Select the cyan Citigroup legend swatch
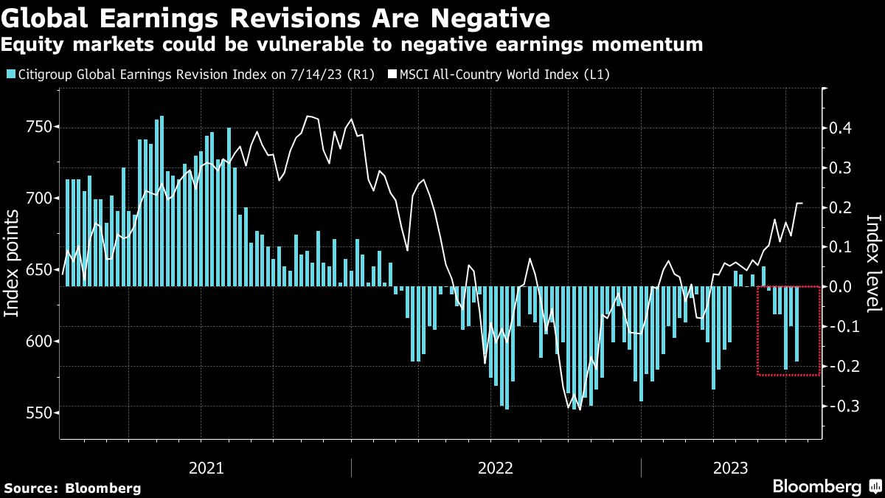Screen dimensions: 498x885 (9, 74)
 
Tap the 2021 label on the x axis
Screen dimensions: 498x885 (206, 468)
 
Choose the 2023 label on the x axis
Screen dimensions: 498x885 (730, 468)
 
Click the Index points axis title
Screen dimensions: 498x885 (13, 273)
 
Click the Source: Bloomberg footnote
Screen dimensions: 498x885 (72, 488)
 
